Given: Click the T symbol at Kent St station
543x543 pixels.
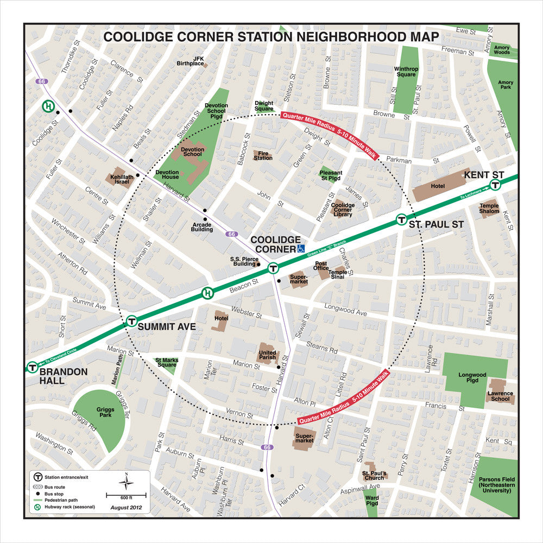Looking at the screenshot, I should point(495,185).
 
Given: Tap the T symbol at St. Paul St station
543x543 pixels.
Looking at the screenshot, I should point(401,220).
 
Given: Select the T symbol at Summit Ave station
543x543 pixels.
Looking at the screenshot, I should point(131,321).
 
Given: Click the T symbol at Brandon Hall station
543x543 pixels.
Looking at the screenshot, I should point(33,368).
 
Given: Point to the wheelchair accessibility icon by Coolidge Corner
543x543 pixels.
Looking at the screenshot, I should point(301,249).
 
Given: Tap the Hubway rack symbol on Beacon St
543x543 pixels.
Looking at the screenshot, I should point(207,294).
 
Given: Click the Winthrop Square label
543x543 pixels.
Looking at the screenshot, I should point(406,72).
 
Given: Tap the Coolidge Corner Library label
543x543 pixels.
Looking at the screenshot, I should point(343,210).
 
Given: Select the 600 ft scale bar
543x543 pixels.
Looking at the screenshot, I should point(126,496).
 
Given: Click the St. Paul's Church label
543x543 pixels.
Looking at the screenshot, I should point(374,476).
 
